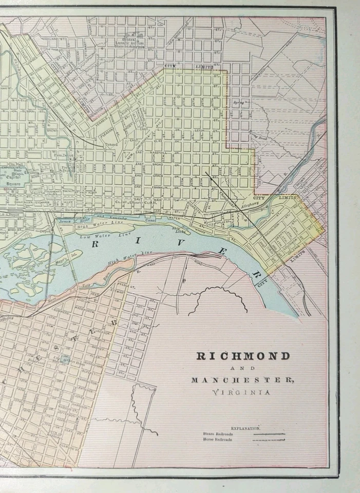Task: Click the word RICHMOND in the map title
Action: (243, 356)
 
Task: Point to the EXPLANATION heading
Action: (245, 427)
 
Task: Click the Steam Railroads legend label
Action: (218, 434)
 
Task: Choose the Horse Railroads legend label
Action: (218, 440)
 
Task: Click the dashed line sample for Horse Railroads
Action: (269, 440)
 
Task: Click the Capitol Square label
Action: (10, 178)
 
